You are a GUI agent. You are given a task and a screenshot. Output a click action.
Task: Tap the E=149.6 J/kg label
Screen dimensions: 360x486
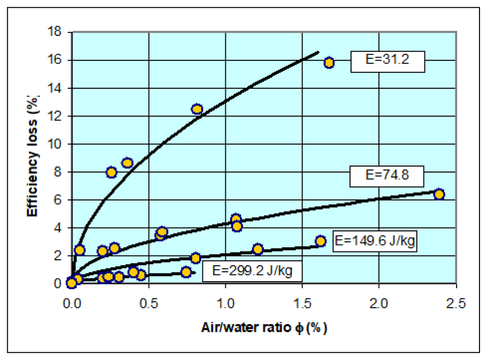pos(375,241)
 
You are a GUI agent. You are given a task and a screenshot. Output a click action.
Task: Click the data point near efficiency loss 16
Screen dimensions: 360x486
pos(329,63)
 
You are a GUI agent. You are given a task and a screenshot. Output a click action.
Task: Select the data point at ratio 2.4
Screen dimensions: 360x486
pos(439,194)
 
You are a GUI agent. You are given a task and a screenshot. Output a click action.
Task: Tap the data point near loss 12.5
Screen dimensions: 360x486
pos(197,109)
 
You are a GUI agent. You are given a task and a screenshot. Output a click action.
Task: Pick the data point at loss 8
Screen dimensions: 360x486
pos(112,172)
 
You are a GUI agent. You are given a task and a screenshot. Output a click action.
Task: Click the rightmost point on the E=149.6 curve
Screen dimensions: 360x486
pos(321,241)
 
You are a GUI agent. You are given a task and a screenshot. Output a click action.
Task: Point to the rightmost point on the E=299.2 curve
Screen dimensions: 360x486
pos(186,272)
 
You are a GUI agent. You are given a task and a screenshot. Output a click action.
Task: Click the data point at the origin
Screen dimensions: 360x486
pos(71,283)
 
